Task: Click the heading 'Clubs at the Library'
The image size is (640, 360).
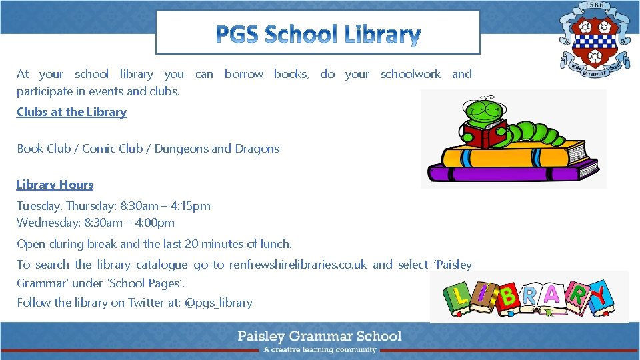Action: click(x=71, y=112)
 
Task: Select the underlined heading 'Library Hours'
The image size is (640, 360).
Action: click(x=55, y=185)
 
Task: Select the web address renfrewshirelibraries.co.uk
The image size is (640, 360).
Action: click(x=297, y=265)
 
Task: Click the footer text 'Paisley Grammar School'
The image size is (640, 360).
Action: click(x=320, y=335)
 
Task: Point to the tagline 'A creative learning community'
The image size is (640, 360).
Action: click(x=320, y=349)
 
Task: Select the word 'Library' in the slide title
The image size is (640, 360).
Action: click(x=383, y=33)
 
